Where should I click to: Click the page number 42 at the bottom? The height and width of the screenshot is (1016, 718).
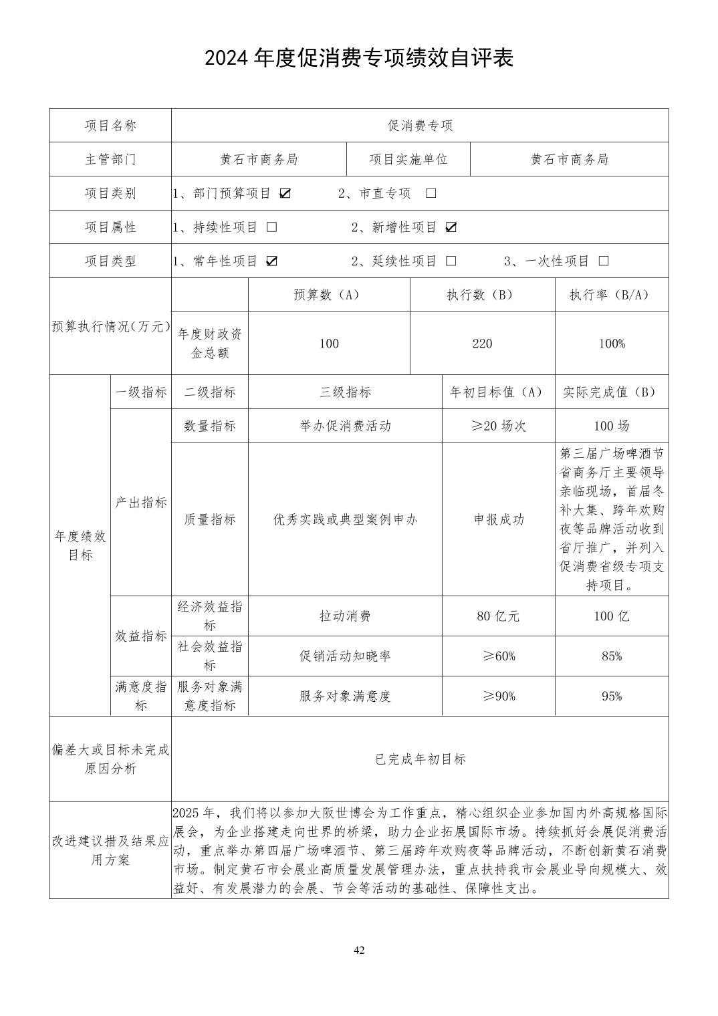coord(359,950)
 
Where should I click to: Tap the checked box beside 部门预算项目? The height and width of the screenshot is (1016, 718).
coord(285,193)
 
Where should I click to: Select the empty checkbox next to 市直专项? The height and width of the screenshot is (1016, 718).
coord(431,193)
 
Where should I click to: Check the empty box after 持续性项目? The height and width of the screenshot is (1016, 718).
coord(271,227)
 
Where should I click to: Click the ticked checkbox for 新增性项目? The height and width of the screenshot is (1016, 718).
coord(451,227)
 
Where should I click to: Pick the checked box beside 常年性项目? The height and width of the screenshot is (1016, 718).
coord(271,261)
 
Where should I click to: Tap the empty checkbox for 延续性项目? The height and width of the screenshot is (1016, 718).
coord(451,261)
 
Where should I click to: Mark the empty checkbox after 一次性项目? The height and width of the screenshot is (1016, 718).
coord(604,261)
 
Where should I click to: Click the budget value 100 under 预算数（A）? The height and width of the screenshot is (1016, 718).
coord(329,344)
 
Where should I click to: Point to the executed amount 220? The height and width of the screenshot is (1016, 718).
coord(482,344)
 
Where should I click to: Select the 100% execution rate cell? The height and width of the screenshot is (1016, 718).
coord(612,344)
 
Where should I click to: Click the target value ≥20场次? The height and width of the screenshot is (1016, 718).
coord(498,426)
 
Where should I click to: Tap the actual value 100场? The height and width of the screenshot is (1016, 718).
coord(612,426)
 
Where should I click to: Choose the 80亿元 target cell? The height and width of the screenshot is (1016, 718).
coord(498,616)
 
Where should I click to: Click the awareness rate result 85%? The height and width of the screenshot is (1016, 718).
coord(612,656)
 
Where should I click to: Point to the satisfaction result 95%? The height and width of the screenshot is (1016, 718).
coord(612,696)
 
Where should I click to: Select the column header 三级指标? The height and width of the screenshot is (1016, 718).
coord(345,392)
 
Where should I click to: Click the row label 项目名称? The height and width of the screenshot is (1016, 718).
coord(110,126)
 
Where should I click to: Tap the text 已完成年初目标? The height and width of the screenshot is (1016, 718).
coord(420,759)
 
